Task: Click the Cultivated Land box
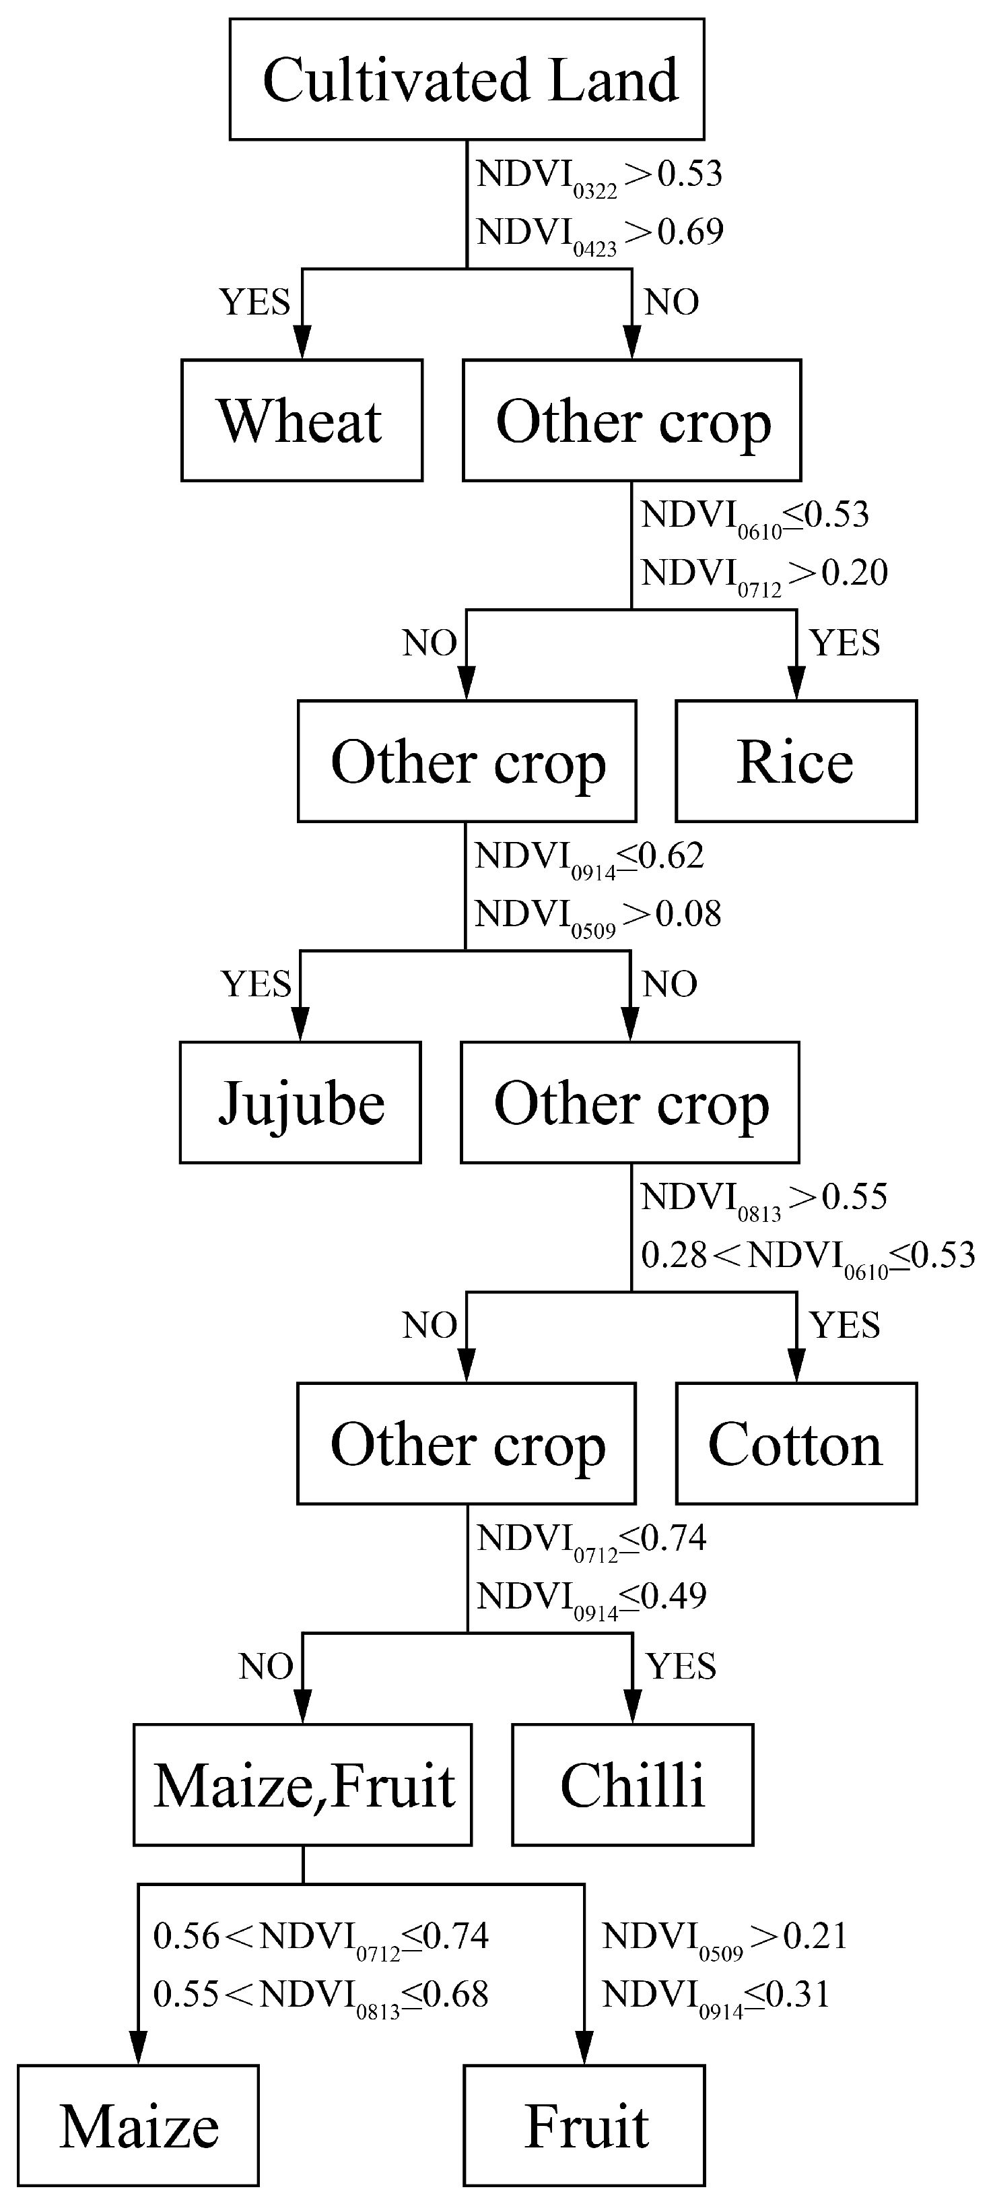coord(467,79)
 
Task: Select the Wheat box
coord(302,420)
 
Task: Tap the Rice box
coord(796,762)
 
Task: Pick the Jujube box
coord(300,1103)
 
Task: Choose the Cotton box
coord(796,1444)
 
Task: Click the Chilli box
coord(632,1785)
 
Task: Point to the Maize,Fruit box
coord(302,1785)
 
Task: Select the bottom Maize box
coord(139,2126)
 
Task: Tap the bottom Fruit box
coord(584,2126)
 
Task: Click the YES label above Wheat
coord(254,302)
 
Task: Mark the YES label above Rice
coord(844,643)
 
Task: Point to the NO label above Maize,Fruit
coord(267,1667)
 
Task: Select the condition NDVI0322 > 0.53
coord(599,175)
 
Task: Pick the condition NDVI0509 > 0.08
coord(597,915)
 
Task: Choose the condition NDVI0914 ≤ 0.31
coord(715,1996)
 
